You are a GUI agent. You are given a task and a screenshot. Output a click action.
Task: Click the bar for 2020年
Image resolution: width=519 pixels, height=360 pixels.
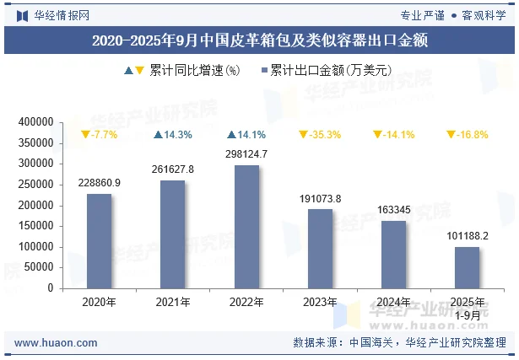pos(99,241)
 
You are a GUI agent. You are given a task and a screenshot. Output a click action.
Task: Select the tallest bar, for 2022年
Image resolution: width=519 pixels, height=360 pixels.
pos(246,227)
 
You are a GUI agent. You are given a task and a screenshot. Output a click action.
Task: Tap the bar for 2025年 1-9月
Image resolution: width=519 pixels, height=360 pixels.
pos(467,267)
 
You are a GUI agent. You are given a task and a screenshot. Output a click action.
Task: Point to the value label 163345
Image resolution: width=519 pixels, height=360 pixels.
pos(393,210)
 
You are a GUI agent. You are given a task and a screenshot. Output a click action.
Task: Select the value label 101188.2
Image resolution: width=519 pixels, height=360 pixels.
pos(467,236)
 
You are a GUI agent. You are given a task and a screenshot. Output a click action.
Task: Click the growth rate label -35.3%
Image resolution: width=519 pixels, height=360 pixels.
pos(320,135)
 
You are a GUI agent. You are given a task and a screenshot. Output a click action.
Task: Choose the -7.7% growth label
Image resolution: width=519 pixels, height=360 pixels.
pos(99,135)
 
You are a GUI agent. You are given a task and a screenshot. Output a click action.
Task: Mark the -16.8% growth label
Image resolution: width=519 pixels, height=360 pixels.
pos(467,135)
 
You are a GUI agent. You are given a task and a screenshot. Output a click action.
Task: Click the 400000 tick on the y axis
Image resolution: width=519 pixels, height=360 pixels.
pos(35,123)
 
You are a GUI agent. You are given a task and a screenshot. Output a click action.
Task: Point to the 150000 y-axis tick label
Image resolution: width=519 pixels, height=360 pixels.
pos(35,226)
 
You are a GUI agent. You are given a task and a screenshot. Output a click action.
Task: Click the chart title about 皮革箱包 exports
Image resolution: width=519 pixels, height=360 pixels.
pos(259,40)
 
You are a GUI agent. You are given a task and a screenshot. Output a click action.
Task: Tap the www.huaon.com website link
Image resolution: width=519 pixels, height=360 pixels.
pos(57,343)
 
